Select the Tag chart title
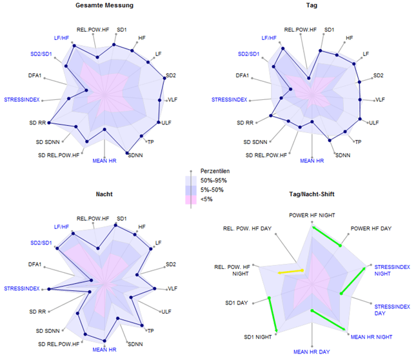312,5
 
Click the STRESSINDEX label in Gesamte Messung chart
22,99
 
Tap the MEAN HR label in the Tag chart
313,160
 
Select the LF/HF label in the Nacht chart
62,227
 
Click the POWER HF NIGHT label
312,215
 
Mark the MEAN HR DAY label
312,352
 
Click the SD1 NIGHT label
258,337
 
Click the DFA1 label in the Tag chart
242,75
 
